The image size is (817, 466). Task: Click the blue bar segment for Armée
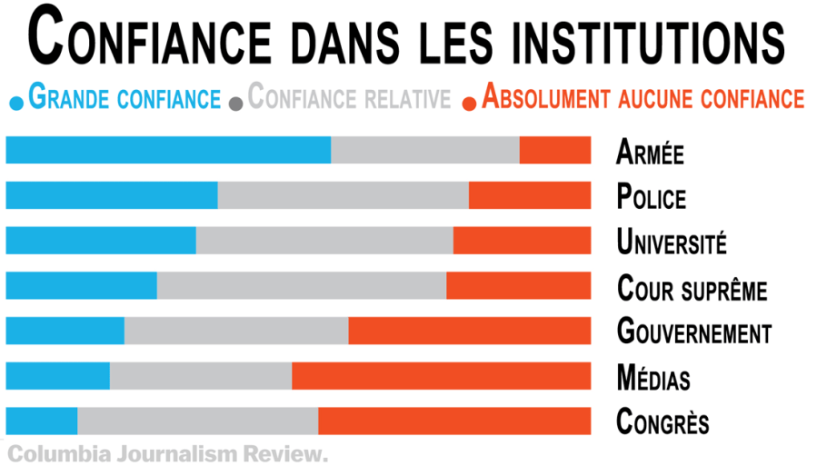(x=168, y=150)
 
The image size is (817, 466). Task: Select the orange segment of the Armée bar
(x=554, y=150)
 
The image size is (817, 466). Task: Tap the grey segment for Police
(x=343, y=195)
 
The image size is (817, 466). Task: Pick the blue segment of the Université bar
(x=100, y=241)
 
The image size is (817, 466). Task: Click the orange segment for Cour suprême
(x=518, y=285)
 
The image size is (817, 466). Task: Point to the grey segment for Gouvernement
(x=236, y=331)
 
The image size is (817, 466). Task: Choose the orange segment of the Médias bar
(x=441, y=376)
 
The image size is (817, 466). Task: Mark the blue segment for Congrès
(x=41, y=421)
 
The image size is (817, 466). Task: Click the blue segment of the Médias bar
(x=57, y=376)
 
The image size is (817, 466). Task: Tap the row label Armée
(x=650, y=152)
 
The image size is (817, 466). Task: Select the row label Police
(x=651, y=197)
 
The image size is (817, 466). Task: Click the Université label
(x=672, y=243)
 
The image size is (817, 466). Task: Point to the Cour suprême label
(x=692, y=289)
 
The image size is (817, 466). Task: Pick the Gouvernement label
(x=693, y=332)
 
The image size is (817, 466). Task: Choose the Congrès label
(x=663, y=422)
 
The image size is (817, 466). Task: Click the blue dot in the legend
(x=15, y=102)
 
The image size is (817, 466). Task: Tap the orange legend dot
(x=469, y=102)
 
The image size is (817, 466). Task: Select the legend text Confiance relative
(x=349, y=97)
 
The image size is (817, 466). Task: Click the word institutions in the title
(x=648, y=41)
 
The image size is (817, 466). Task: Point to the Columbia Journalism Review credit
(x=166, y=452)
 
